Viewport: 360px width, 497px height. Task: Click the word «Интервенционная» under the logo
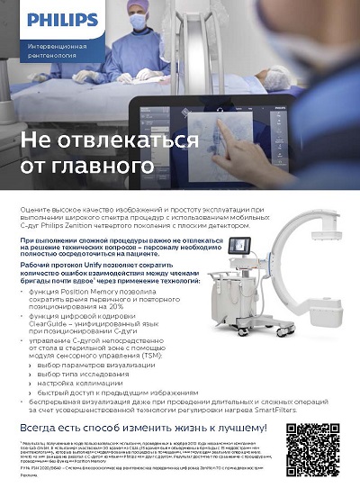[x=56, y=44]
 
